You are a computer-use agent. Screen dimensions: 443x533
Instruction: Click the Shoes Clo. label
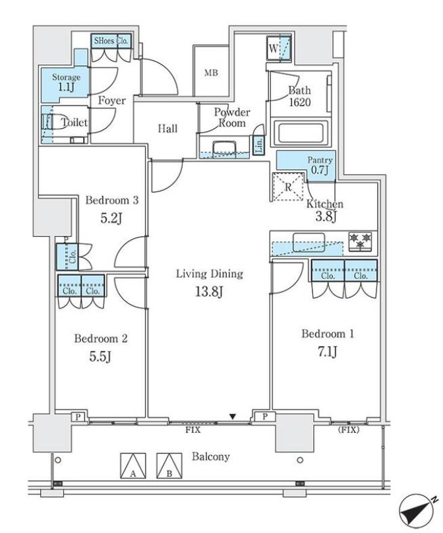[x=111, y=41]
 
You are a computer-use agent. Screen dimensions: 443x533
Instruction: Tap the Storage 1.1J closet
[x=65, y=83]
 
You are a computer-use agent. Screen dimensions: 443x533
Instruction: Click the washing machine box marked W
[x=278, y=49]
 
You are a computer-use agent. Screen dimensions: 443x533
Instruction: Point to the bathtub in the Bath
[x=301, y=133]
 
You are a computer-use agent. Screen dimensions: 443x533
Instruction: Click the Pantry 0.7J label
[x=320, y=165]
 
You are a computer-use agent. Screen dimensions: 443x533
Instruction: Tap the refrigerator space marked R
[x=288, y=187]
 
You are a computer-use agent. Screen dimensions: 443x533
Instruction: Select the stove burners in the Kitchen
[x=361, y=241]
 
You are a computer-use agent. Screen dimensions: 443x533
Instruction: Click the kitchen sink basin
[x=309, y=242]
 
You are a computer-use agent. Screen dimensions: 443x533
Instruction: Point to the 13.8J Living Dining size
[x=209, y=292]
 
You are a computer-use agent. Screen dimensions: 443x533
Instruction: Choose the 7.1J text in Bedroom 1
[x=328, y=352]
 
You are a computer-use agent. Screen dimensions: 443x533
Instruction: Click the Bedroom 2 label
[x=101, y=338]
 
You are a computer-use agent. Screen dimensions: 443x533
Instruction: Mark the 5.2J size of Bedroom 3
[x=111, y=218]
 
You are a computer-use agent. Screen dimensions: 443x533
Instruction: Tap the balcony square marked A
[x=133, y=465]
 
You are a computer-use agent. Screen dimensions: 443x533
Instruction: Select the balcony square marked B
[x=169, y=465]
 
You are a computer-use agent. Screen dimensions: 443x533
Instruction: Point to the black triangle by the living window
[x=232, y=416]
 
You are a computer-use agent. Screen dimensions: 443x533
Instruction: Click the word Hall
[x=167, y=128]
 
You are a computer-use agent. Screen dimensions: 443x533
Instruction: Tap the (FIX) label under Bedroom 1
[x=349, y=429]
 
